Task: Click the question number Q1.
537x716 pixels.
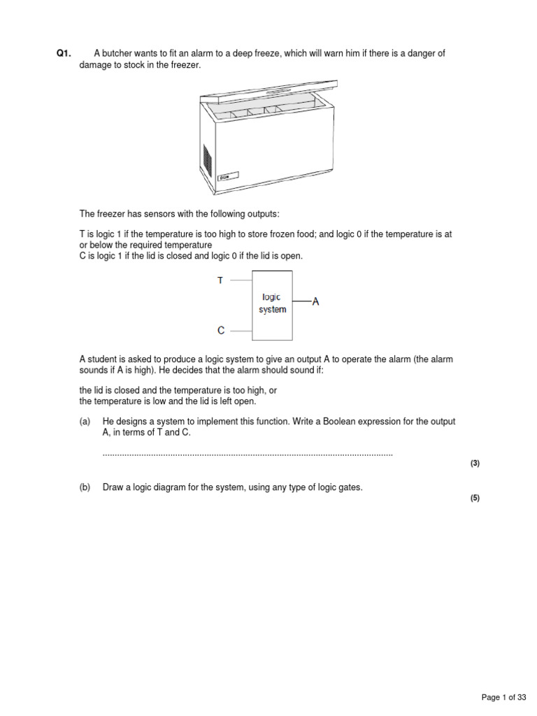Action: pos(64,54)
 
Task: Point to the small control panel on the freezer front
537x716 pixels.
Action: pos(225,178)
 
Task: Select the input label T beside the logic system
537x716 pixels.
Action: pos(220,280)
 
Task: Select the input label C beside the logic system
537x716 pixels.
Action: pos(220,330)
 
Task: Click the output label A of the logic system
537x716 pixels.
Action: pos(315,302)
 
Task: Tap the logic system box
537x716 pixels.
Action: pos(272,303)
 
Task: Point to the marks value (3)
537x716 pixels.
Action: pos(475,464)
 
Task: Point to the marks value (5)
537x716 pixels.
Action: pos(475,498)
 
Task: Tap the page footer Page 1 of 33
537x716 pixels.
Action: pos(503,697)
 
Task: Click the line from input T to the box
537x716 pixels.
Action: pos(241,280)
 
